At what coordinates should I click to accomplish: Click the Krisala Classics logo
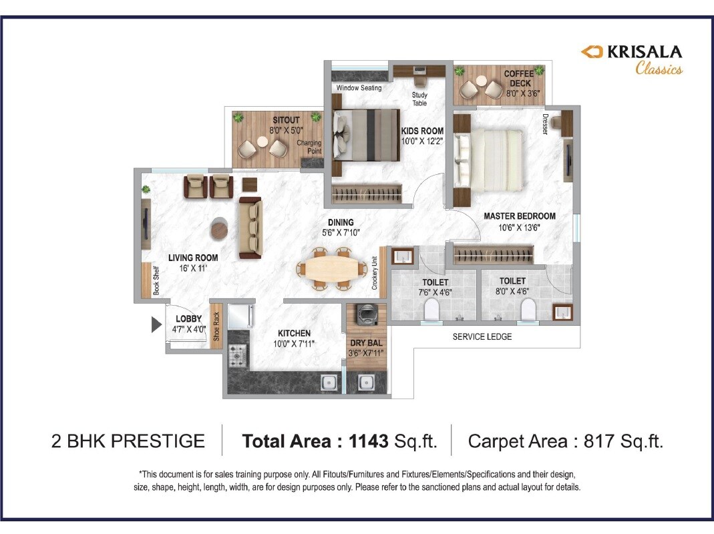click(631, 59)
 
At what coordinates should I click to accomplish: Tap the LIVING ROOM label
click(193, 258)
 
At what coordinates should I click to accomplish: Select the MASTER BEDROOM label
click(519, 216)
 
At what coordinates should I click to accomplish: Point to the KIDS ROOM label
click(422, 131)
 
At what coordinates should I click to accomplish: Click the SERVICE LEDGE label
click(482, 336)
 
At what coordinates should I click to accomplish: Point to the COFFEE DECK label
click(518, 78)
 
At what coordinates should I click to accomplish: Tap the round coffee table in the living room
click(220, 229)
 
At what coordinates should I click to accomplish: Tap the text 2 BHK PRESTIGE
click(128, 441)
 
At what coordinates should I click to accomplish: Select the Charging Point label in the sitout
click(309, 147)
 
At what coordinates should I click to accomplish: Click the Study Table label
click(419, 99)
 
